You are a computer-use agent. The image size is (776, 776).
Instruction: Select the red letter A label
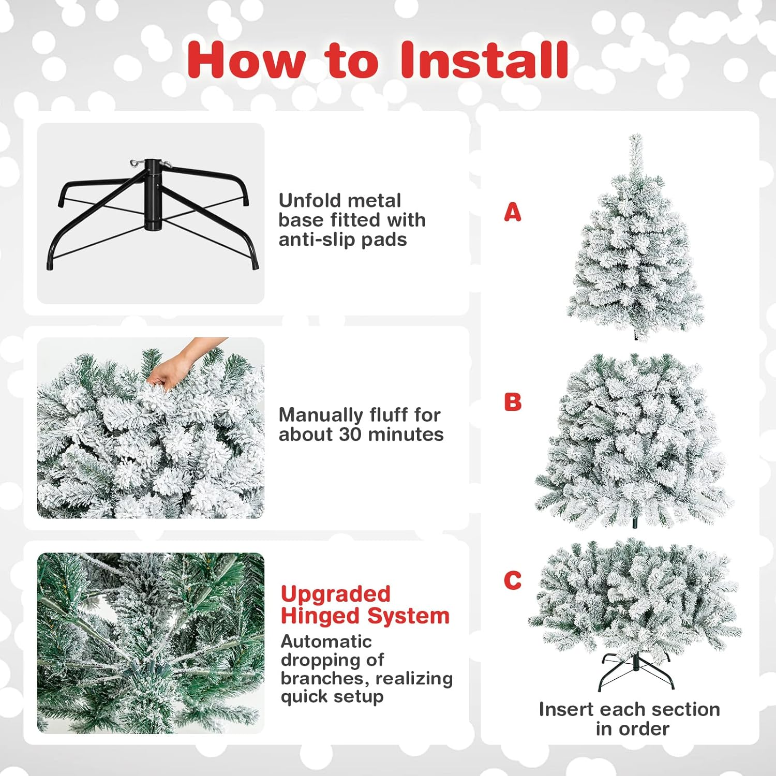512,212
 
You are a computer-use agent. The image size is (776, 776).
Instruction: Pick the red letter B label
512,402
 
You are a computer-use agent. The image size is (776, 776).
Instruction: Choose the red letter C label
512,580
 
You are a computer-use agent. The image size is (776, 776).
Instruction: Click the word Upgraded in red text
335,594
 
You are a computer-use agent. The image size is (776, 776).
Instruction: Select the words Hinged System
365,616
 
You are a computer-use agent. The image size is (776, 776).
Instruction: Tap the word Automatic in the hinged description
326,641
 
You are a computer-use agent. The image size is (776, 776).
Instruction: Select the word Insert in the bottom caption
565,709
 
